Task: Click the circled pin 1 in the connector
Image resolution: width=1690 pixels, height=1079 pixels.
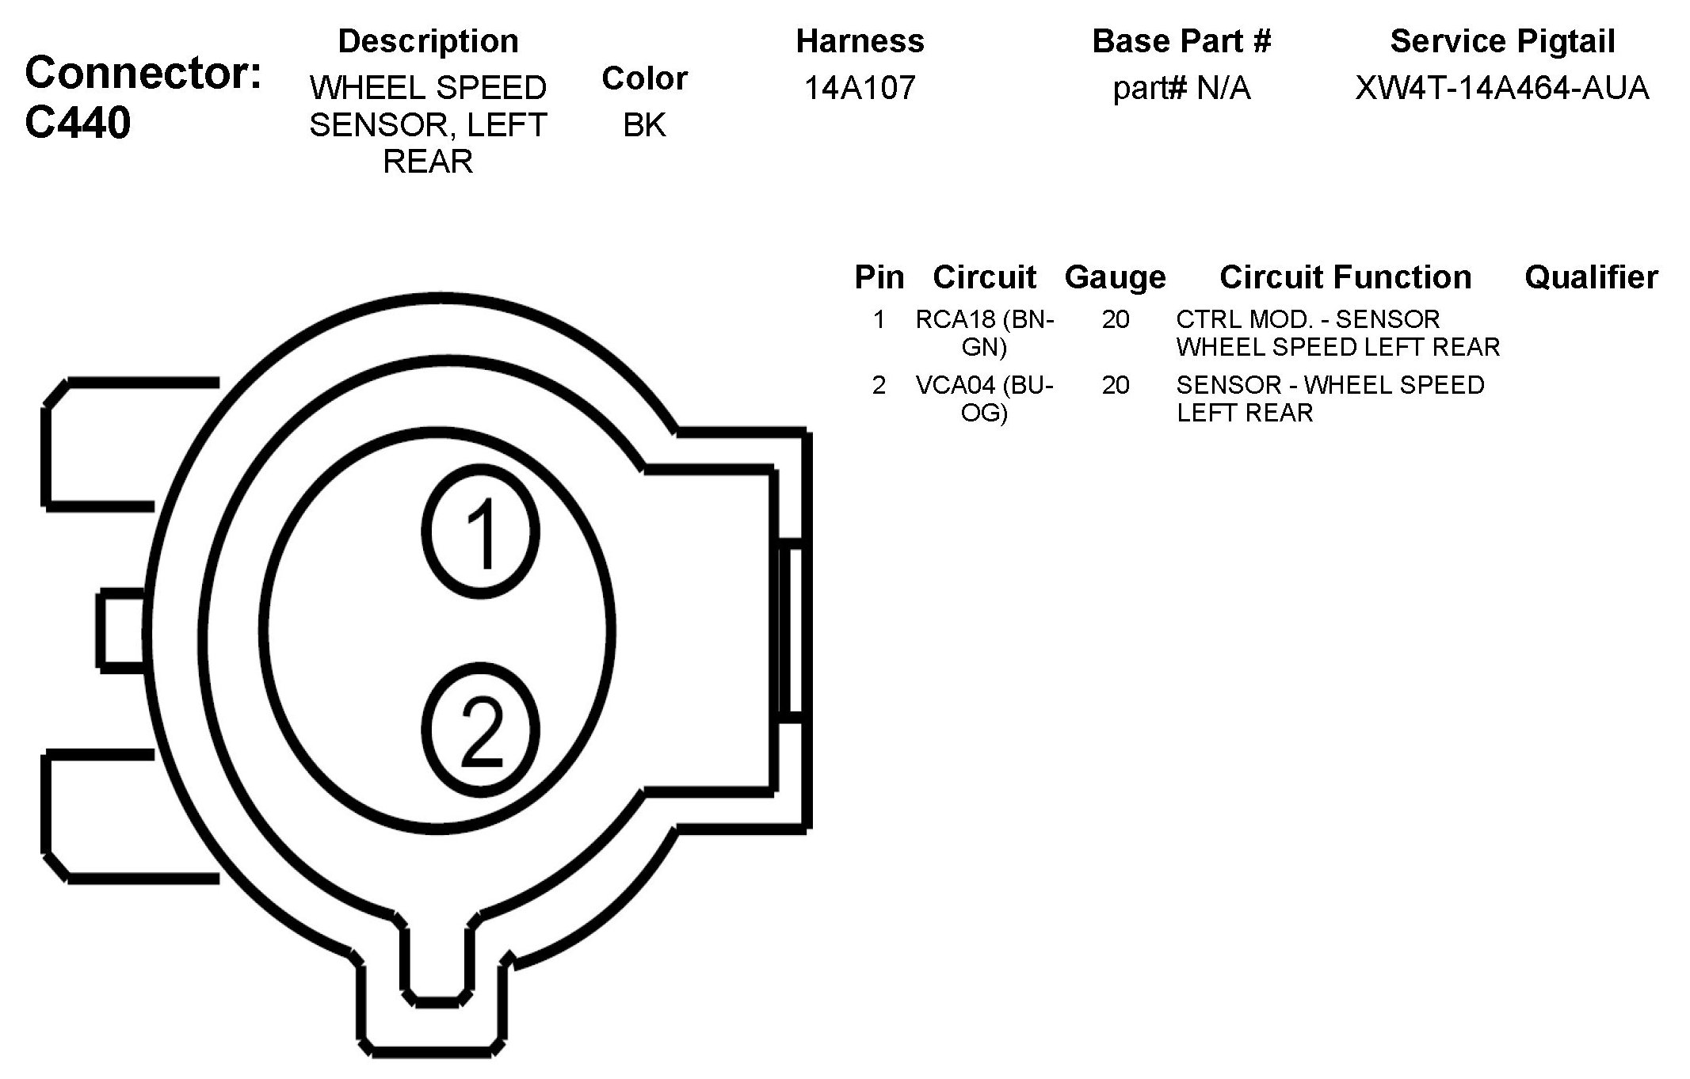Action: (x=480, y=531)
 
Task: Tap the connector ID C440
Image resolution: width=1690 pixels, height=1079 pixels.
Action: (x=78, y=123)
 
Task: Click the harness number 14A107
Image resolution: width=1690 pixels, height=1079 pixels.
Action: (x=860, y=87)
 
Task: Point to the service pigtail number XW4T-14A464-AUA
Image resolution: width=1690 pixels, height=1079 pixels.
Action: (x=1502, y=87)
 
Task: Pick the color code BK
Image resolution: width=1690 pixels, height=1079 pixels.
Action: (x=644, y=124)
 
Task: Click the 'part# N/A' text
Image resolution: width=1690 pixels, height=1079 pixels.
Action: (x=1181, y=88)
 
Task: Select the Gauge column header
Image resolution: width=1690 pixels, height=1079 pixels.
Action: (x=1115, y=277)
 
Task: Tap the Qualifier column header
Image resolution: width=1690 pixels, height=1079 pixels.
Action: (x=1591, y=276)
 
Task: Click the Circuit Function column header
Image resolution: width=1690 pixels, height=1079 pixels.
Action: (x=1345, y=276)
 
